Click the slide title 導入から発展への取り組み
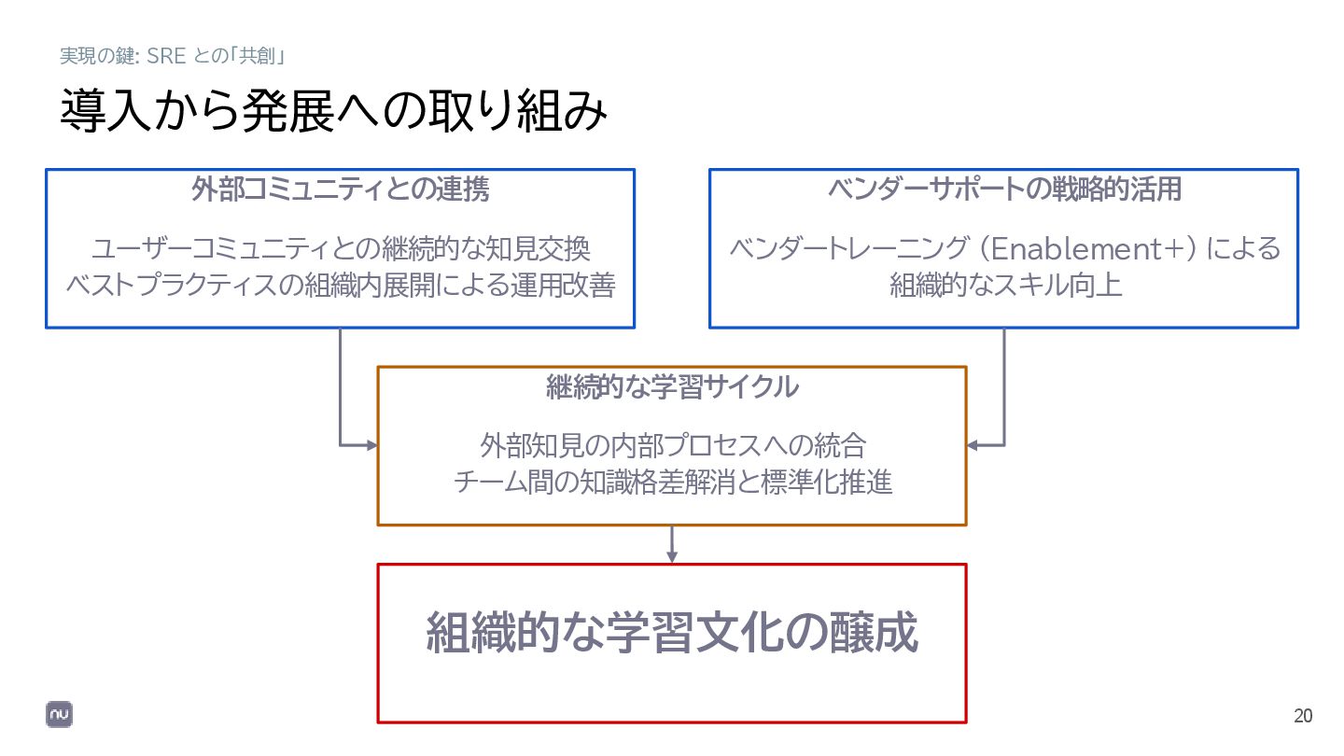(x=333, y=111)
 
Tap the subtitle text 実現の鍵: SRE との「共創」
(x=172, y=56)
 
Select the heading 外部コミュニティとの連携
(x=340, y=190)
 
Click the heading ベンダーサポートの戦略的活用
(x=1004, y=189)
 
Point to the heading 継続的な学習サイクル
(x=672, y=386)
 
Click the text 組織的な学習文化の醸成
(x=672, y=633)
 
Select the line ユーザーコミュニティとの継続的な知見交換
(x=340, y=249)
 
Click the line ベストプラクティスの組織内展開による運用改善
(x=340, y=285)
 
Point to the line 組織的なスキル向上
(x=1004, y=285)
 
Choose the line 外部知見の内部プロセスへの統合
(x=672, y=445)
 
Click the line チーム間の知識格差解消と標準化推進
(x=672, y=482)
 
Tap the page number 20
(x=1303, y=717)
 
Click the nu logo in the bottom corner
(x=60, y=714)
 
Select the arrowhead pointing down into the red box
(x=672, y=557)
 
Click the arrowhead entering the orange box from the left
(x=371, y=445)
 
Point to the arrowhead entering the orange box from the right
(x=973, y=445)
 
